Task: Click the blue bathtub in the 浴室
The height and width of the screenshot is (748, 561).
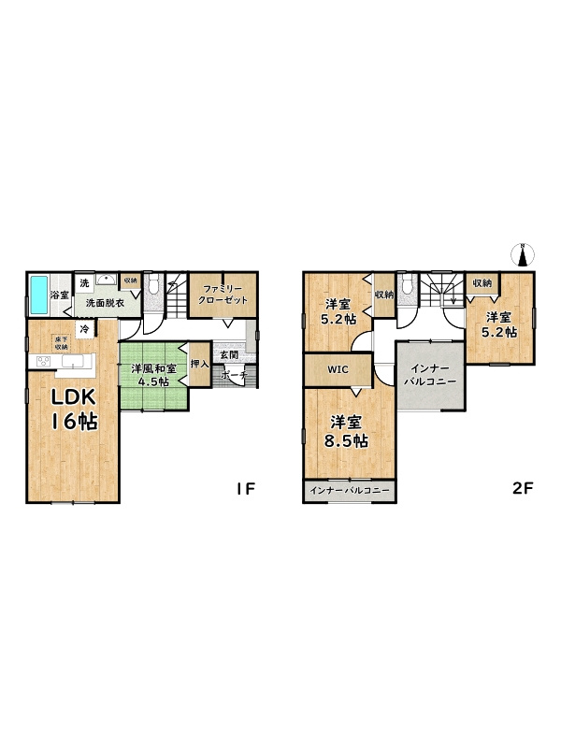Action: pos(39,295)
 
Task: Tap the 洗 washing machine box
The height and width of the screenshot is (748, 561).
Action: pos(84,283)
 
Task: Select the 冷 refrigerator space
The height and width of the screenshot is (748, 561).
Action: pos(85,329)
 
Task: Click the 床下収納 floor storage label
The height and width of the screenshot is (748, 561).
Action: pos(62,342)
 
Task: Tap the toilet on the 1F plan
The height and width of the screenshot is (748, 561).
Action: pos(153,285)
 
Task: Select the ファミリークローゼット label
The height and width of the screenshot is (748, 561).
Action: pos(223,295)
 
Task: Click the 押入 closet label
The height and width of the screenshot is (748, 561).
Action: pos(200,364)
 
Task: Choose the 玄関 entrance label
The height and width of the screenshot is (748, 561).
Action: pos(229,354)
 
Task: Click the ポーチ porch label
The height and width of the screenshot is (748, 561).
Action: pos(235,375)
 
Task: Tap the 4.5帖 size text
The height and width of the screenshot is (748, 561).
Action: pos(152,381)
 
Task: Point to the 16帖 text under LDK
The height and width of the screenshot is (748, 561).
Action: pos(75,422)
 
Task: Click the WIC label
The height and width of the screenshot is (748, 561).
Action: pos(338,369)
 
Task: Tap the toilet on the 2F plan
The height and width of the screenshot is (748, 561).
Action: pos(407,285)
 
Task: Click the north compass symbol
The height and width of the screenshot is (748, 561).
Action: pos(524,254)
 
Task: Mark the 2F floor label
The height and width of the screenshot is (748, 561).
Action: pos(522,488)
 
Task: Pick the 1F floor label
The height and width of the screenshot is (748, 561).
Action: pos(246,488)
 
